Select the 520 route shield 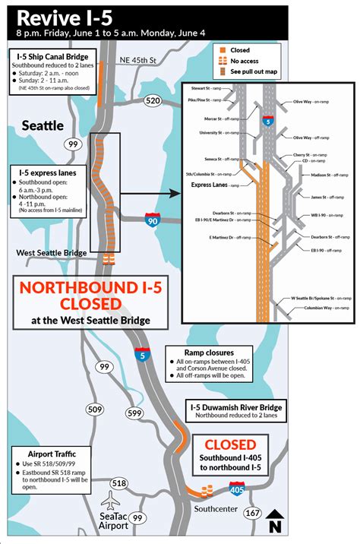(152, 101)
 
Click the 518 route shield (118, 483)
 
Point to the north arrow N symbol (275, 521)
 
